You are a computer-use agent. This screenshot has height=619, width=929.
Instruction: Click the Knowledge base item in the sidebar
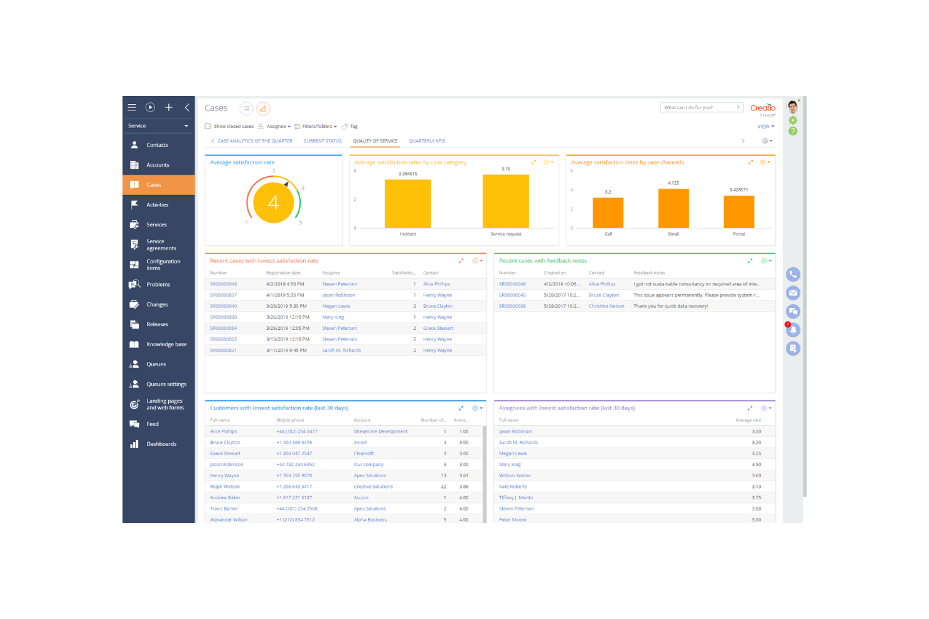166,344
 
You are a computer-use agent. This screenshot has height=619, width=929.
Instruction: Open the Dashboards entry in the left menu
161,444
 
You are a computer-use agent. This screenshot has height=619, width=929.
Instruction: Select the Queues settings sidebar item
166,384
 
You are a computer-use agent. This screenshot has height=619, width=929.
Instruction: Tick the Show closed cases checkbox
208,127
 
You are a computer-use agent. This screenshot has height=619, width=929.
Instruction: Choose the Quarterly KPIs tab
427,141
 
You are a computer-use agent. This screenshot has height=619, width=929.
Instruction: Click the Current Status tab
322,141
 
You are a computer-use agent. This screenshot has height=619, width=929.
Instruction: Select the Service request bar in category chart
505,201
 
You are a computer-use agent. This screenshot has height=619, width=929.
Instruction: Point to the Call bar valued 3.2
608,213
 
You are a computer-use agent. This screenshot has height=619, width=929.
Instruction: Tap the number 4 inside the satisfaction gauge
273,203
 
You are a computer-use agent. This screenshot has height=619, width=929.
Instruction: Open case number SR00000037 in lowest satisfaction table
223,295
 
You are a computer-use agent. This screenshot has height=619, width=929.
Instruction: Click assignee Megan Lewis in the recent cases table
336,306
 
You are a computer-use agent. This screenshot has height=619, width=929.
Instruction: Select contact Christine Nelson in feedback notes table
606,306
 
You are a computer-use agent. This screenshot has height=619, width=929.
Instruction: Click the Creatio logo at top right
763,108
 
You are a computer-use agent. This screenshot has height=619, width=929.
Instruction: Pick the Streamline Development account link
380,431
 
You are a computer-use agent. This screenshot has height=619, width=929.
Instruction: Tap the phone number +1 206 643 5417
294,487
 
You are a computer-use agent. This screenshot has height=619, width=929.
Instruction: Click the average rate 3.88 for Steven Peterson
756,509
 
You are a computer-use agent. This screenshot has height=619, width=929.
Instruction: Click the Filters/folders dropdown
316,127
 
